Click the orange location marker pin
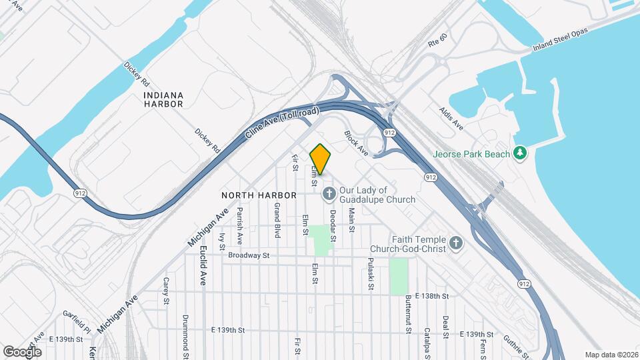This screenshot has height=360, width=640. [x=320, y=159]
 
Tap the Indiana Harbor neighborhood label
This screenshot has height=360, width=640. [x=163, y=99]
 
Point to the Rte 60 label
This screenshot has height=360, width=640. [x=437, y=41]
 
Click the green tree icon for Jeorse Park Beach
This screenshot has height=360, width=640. [x=520, y=154]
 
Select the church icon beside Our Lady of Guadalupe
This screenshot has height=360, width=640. [x=329, y=194]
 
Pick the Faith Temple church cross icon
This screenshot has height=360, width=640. [x=456, y=243]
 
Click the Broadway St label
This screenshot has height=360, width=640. [x=248, y=255]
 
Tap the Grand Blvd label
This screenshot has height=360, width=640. [x=277, y=221]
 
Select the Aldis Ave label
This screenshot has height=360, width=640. [x=451, y=117]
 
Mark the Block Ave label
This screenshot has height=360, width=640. [x=356, y=143]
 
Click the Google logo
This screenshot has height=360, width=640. [x=22, y=351]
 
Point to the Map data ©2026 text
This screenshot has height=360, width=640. [x=611, y=355]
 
